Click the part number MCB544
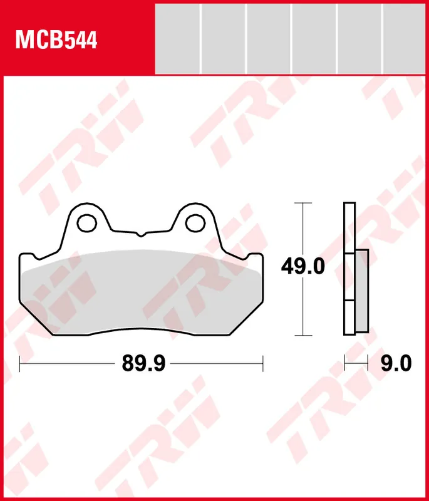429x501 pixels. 57,40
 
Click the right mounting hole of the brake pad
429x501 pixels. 197,221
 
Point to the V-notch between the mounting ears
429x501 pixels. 142,235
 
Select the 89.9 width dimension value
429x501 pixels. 143,363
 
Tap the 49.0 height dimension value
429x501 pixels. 302,267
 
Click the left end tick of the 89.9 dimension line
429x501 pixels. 20,363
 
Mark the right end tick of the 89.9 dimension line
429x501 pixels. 263,363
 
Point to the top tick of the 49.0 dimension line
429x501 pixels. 303,204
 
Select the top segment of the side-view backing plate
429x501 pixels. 349,228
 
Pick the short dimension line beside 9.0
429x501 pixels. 355,363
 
